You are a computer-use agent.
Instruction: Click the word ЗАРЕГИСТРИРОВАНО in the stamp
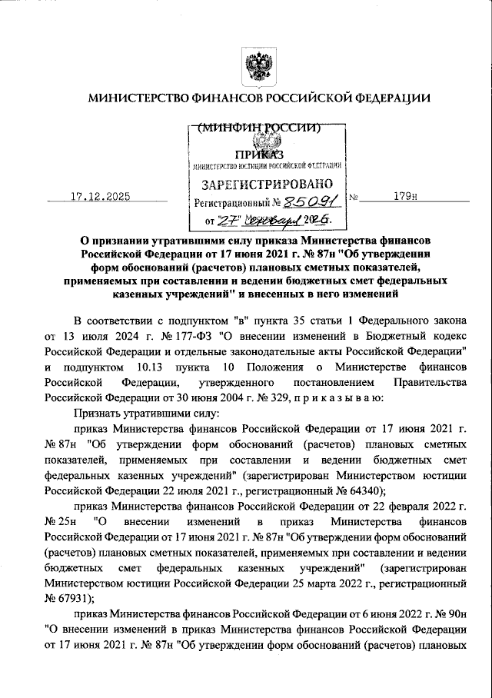coord(267,184)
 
